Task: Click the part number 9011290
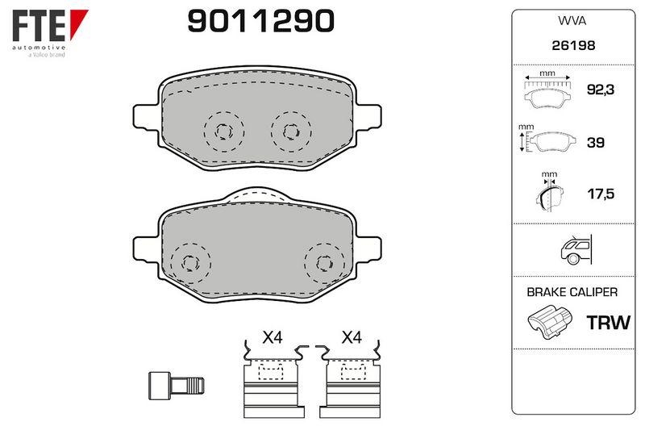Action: [260, 21]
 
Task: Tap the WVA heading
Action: [572, 21]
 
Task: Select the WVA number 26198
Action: [573, 45]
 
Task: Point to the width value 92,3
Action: [600, 90]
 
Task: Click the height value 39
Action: [595, 142]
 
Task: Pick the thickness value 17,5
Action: [601, 194]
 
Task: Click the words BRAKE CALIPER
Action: [572, 292]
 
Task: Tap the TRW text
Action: [608, 323]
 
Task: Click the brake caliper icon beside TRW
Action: [550, 322]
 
